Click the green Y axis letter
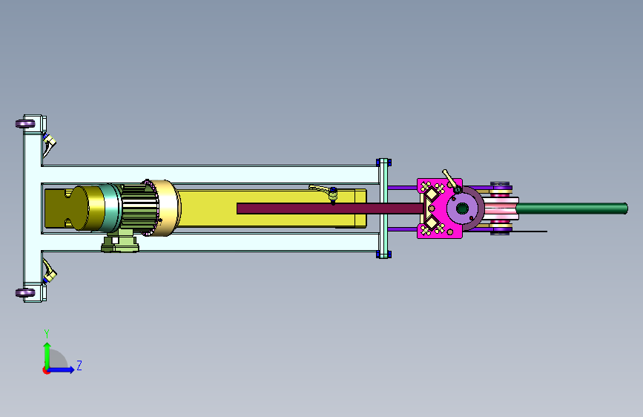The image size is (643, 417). click(x=47, y=333)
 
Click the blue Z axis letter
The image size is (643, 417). click(x=79, y=365)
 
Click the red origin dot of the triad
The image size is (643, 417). click(x=46, y=370)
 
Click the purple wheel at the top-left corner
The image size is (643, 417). click(x=25, y=123)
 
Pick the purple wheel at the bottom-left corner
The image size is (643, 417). click(x=25, y=292)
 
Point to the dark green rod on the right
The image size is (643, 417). click(x=572, y=208)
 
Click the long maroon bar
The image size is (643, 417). click(x=330, y=208)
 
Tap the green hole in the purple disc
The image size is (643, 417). click(x=462, y=208)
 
